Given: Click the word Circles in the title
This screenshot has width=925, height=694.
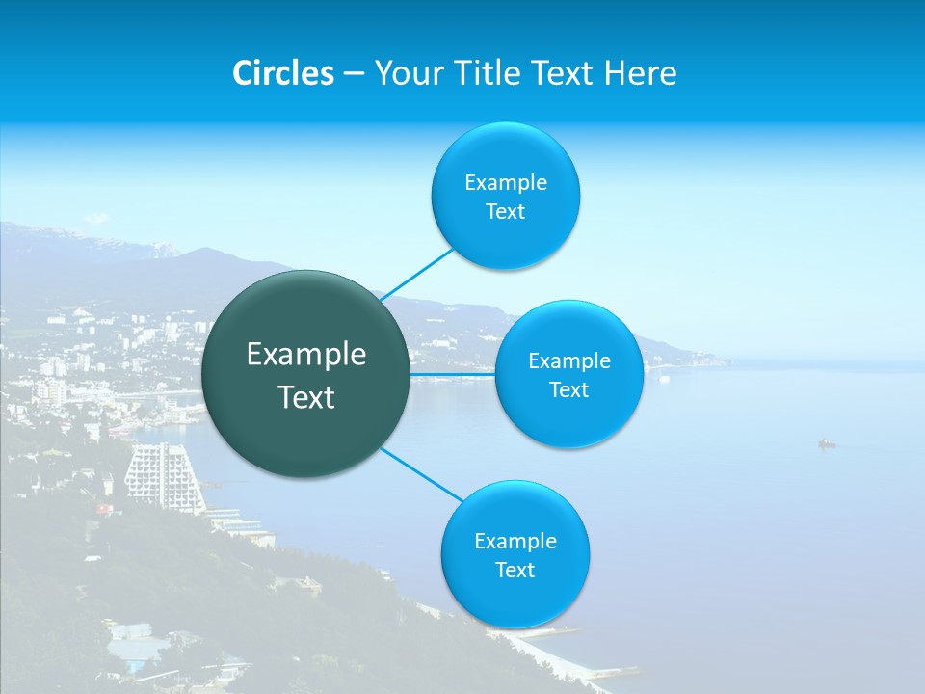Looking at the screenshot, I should [x=283, y=73].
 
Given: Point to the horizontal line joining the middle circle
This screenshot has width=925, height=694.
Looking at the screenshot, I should [x=453, y=374].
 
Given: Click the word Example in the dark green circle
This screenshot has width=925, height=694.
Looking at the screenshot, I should [x=306, y=355].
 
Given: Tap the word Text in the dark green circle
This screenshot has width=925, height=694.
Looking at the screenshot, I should [x=306, y=397].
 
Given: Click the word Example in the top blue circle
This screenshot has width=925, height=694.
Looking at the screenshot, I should [x=506, y=183].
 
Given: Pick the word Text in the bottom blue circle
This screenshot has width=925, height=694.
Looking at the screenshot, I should [x=515, y=571].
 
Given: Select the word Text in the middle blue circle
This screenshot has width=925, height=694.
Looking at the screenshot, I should [x=568, y=390].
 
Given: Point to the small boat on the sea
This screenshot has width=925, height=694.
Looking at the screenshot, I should [x=826, y=444].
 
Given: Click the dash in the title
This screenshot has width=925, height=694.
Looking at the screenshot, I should [x=354, y=73].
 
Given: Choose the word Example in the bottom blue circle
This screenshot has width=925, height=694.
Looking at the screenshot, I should [x=515, y=542].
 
